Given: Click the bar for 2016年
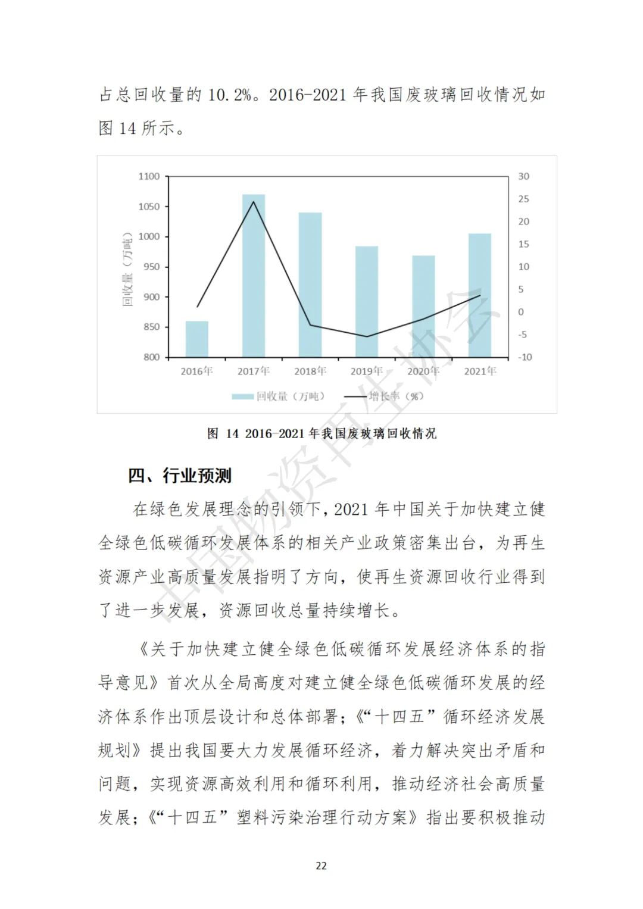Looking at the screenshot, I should pyautogui.click(x=196, y=339).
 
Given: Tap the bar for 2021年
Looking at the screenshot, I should pyautogui.click(x=480, y=295).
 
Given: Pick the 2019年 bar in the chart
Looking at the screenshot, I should pyautogui.click(x=367, y=302).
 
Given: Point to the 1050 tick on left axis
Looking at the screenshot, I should pyautogui.click(x=149, y=207).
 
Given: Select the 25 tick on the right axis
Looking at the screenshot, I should pyautogui.click(x=523, y=199).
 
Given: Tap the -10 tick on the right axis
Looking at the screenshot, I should pyautogui.click(x=525, y=357).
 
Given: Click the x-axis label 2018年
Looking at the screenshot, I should pyautogui.click(x=310, y=371).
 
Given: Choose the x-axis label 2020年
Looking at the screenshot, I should pyautogui.click(x=423, y=371).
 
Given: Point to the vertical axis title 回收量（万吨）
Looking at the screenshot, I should pyautogui.click(x=127, y=268).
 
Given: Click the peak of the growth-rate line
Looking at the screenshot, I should pyautogui.click(x=253, y=201).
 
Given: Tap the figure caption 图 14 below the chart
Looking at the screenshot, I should pyautogui.click(x=322, y=433).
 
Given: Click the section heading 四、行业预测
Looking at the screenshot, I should pyautogui.click(x=180, y=476).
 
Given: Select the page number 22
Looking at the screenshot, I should pyautogui.click(x=321, y=866).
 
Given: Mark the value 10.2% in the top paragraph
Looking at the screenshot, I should pyautogui.click(x=229, y=95).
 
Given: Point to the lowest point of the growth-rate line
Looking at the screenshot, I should pyautogui.click(x=367, y=336).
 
